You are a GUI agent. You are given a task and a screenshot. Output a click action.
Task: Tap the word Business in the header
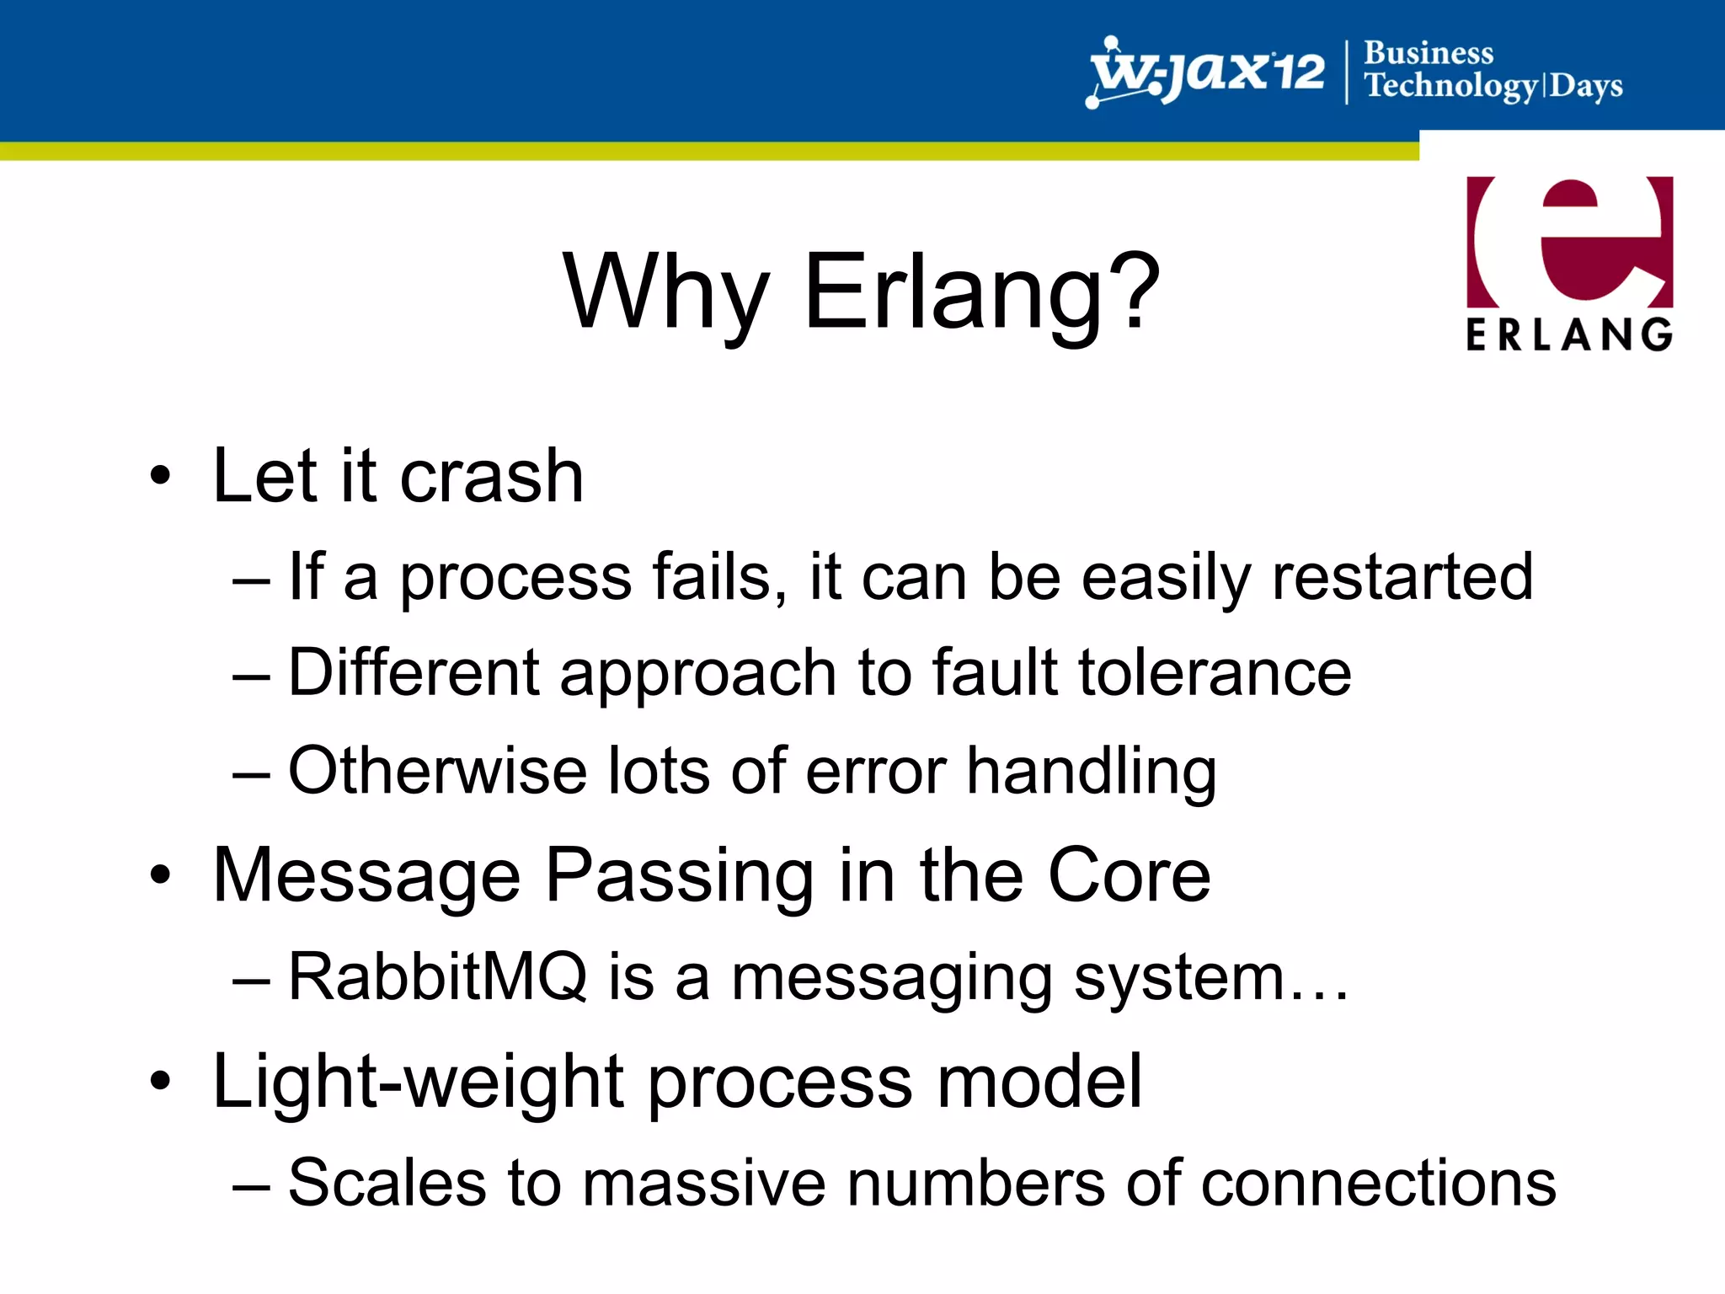click(x=1429, y=52)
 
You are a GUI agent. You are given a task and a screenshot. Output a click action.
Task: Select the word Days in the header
click(x=1586, y=87)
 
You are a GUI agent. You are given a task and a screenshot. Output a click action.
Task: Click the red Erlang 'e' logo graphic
click(x=1569, y=241)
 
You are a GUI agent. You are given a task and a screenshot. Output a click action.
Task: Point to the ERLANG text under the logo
click(x=1569, y=334)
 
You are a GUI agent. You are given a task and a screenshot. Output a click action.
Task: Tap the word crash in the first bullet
click(x=491, y=477)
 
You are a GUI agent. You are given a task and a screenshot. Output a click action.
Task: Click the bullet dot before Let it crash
click(x=160, y=476)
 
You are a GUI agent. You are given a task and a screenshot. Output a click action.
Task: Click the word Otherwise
click(x=437, y=770)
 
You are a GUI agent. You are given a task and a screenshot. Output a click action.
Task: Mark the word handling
click(x=1091, y=772)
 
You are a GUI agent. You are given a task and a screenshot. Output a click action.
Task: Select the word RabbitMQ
click(x=437, y=976)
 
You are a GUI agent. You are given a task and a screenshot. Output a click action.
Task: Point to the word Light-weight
click(x=418, y=1082)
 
